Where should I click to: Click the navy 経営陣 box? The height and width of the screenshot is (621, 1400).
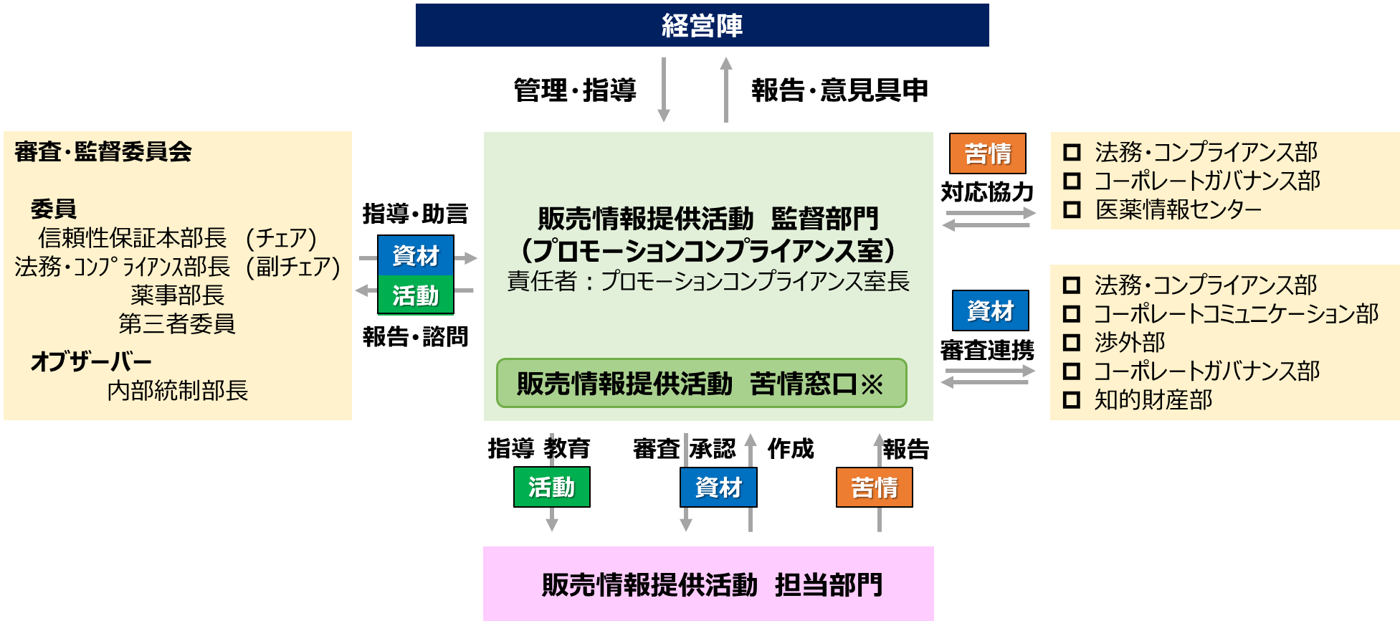coord(702,25)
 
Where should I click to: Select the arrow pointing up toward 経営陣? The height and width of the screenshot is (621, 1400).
coord(726,89)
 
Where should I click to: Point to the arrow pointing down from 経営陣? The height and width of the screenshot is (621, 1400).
coord(664,90)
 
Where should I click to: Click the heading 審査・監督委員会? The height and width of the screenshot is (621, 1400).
coord(103,152)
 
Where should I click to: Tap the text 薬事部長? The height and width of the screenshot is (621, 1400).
coord(177,295)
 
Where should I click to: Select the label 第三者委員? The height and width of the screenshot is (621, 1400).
coord(176,323)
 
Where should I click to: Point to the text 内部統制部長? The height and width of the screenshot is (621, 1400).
coord(177,391)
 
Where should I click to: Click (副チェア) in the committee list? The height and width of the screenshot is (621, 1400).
coord(292,267)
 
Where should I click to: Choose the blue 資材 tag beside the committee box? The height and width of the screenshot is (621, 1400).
coord(416,255)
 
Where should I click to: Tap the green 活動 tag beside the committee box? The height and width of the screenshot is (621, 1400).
coord(416,295)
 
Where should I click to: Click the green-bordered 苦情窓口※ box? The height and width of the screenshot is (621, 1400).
coord(701,384)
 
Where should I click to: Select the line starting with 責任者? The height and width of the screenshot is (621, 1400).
coord(708,281)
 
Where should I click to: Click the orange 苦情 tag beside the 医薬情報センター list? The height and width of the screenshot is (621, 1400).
coord(987,153)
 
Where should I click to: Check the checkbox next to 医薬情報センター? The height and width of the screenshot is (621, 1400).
coord(1072,209)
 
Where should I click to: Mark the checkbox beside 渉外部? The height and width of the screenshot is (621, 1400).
coord(1072,343)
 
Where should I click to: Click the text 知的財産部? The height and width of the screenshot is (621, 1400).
coord(1153,400)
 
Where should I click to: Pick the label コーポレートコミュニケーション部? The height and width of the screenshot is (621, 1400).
coord(1236,314)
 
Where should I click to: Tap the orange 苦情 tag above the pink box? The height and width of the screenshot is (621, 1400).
coord(874,488)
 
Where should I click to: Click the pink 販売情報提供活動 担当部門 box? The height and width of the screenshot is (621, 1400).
coord(708,584)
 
